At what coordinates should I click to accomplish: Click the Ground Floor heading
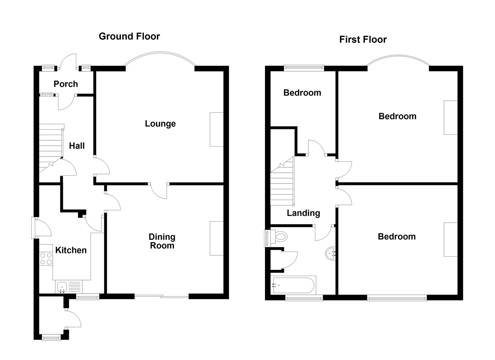point(129,36)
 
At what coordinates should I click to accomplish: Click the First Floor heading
point(363,40)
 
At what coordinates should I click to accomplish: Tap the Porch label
point(66,84)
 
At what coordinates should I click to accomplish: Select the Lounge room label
point(160,124)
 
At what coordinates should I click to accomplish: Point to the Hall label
point(77,146)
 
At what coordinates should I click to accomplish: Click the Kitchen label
point(71,250)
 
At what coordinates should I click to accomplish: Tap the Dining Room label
point(162,241)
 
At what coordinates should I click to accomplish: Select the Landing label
point(303,213)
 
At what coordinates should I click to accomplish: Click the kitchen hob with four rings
point(46,259)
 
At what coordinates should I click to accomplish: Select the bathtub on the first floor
point(294,285)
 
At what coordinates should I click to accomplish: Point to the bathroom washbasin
point(331,253)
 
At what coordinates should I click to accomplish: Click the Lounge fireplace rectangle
point(217,130)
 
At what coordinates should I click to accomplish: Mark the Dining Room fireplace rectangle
point(217,238)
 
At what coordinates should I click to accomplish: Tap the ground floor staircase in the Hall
point(51,148)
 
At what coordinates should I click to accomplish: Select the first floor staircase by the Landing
point(282,181)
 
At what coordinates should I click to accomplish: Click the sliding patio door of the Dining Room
point(162,296)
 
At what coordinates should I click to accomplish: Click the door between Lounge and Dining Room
point(158,191)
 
